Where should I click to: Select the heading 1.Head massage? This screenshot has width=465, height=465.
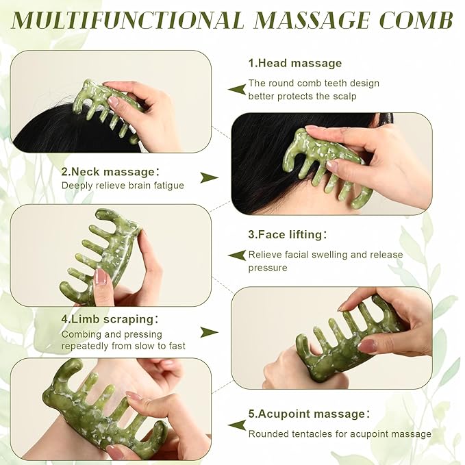coord(294,63)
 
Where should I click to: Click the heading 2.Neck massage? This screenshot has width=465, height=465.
coord(110,171)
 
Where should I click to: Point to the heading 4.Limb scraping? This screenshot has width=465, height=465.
coord(110,318)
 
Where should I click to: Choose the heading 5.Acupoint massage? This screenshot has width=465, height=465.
coord(309,414)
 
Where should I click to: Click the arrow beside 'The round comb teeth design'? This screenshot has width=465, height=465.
coord(237,89)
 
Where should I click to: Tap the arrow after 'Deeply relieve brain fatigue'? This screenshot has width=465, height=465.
coord(209,178)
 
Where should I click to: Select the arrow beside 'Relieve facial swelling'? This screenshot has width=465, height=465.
coord(237,255)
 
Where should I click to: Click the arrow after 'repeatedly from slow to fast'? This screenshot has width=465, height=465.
coord(209,332)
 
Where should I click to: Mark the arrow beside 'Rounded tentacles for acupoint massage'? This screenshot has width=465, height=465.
coord(237,425)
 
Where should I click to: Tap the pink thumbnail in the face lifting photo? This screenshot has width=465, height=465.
coord(100,277)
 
